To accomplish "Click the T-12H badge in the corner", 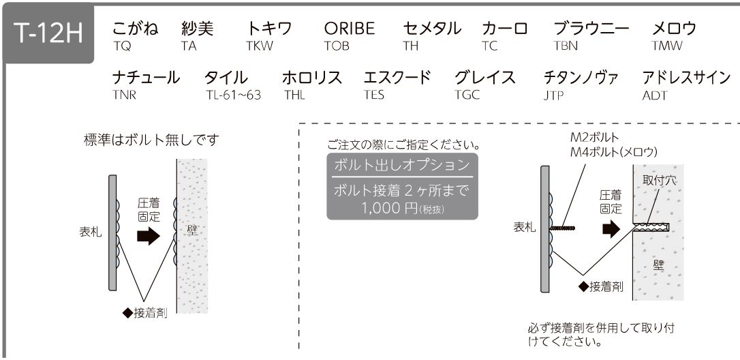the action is pyautogui.click(x=48, y=33).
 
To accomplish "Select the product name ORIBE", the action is pyautogui.click(x=350, y=29).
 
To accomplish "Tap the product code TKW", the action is pyautogui.click(x=259, y=46).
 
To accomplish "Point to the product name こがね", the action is pyautogui.click(x=136, y=29).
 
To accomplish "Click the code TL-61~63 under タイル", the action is pyautogui.click(x=233, y=95).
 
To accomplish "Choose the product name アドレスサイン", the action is pyautogui.click(x=686, y=77).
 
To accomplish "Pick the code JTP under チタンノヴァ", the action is pyautogui.click(x=553, y=95).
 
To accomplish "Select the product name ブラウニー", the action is pyautogui.click(x=591, y=29).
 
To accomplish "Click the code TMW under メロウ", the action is pyautogui.click(x=667, y=46).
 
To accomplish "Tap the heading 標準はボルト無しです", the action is pyautogui.click(x=151, y=140).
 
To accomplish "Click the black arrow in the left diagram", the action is pyautogui.click(x=149, y=235).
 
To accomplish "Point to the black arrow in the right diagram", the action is pyautogui.click(x=611, y=228).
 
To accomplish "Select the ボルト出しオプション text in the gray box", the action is pyautogui.click(x=402, y=165).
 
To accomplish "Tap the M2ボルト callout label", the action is pyautogui.click(x=594, y=138).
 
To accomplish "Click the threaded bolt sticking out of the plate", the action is pyautogui.click(x=562, y=228).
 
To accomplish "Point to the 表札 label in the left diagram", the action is pyautogui.click(x=90, y=232).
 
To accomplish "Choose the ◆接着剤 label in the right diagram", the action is pyautogui.click(x=600, y=286).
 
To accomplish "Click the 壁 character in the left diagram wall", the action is pyautogui.click(x=192, y=230).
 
